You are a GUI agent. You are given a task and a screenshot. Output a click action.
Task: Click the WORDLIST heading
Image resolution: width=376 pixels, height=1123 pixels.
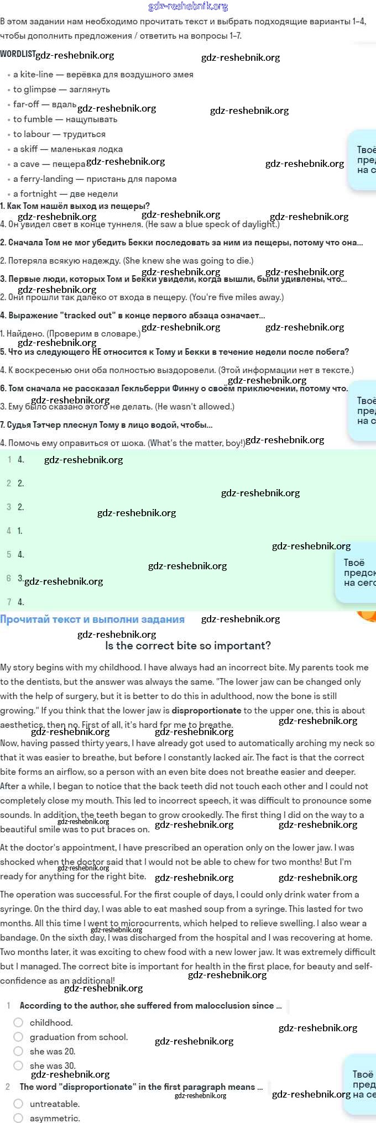point(18,54)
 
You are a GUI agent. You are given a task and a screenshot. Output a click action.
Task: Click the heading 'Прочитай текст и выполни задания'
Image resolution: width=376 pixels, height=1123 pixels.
point(92,620)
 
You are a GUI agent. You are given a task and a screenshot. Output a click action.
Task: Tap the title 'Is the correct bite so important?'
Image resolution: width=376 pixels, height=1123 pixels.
point(188,646)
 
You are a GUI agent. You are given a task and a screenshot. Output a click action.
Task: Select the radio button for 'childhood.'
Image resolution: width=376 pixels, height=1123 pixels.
point(19,1022)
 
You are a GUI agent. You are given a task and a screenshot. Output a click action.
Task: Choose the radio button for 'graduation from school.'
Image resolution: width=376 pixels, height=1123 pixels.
point(19,1037)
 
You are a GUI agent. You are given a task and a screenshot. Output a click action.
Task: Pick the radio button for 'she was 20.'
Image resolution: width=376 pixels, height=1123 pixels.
point(19,1051)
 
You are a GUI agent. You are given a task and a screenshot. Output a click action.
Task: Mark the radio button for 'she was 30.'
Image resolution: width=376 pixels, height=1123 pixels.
point(19,1066)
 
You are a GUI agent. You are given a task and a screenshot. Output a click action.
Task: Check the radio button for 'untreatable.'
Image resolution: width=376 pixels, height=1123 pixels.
point(19,1104)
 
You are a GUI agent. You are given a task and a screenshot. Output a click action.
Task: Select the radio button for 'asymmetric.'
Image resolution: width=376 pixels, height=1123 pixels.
point(19,1118)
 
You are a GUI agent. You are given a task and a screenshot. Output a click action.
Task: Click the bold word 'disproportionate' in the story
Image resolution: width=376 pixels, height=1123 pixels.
point(206,711)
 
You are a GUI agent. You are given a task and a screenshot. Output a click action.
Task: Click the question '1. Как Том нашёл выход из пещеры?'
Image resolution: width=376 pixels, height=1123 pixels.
point(75,206)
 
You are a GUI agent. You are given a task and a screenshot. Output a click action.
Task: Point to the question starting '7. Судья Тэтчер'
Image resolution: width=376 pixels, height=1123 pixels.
point(106,425)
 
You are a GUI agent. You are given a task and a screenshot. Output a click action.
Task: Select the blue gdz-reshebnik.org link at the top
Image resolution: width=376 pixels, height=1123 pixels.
point(188,7)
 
